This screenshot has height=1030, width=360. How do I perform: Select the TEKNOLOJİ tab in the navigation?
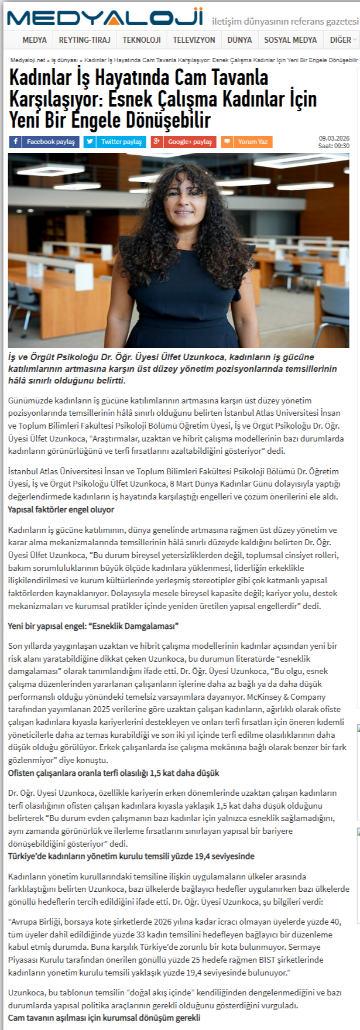[x=141, y=40]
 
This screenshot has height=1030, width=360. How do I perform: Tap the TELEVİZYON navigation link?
[x=194, y=40]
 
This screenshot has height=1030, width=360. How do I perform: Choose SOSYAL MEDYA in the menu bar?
[x=290, y=40]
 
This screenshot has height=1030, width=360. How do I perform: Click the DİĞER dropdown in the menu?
[x=342, y=40]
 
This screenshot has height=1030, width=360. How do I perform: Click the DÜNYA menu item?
[x=239, y=40]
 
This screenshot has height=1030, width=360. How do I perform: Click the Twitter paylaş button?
[x=115, y=142]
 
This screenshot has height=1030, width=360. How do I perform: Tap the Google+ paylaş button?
[x=183, y=142]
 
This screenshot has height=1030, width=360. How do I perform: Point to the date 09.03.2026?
[x=334, y=138]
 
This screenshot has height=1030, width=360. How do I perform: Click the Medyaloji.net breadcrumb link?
[x=28, y=60]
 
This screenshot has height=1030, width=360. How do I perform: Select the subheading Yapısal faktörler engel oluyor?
[x=61, y=510]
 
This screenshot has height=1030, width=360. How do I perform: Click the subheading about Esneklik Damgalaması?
[x=93, y=626]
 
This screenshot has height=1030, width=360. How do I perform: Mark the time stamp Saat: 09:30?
[x=334, y=146]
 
